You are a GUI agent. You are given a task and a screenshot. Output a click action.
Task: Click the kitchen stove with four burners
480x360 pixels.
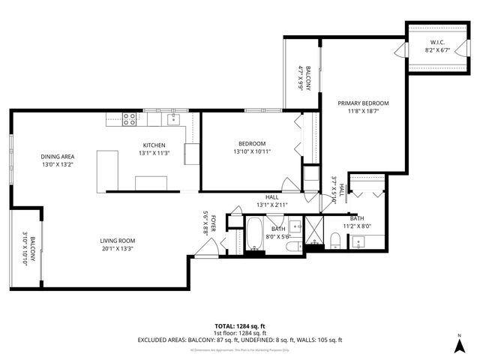pos(129,117)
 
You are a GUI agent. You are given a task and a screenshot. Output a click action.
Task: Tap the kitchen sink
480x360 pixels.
pos(174,118)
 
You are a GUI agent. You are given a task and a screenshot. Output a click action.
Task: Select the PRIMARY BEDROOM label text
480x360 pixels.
pos(363,103)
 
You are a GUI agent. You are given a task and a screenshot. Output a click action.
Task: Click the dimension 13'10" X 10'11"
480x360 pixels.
pos(252,151)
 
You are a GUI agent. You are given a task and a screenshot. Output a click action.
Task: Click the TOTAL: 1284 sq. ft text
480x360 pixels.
pos(239,326)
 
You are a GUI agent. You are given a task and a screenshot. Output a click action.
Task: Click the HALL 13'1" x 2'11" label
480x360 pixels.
pos(272,200)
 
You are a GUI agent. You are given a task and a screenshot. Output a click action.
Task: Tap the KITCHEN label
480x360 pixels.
pos(154,145)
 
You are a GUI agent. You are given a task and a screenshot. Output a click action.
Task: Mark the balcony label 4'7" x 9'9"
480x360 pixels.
pos(303,78)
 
